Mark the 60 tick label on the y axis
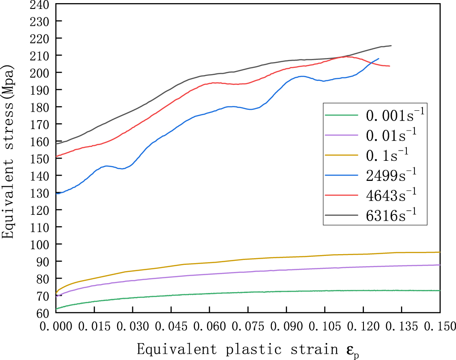point(43,313)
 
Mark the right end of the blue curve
point(379,59)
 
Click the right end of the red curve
point(389,66)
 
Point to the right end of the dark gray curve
point(391,46)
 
